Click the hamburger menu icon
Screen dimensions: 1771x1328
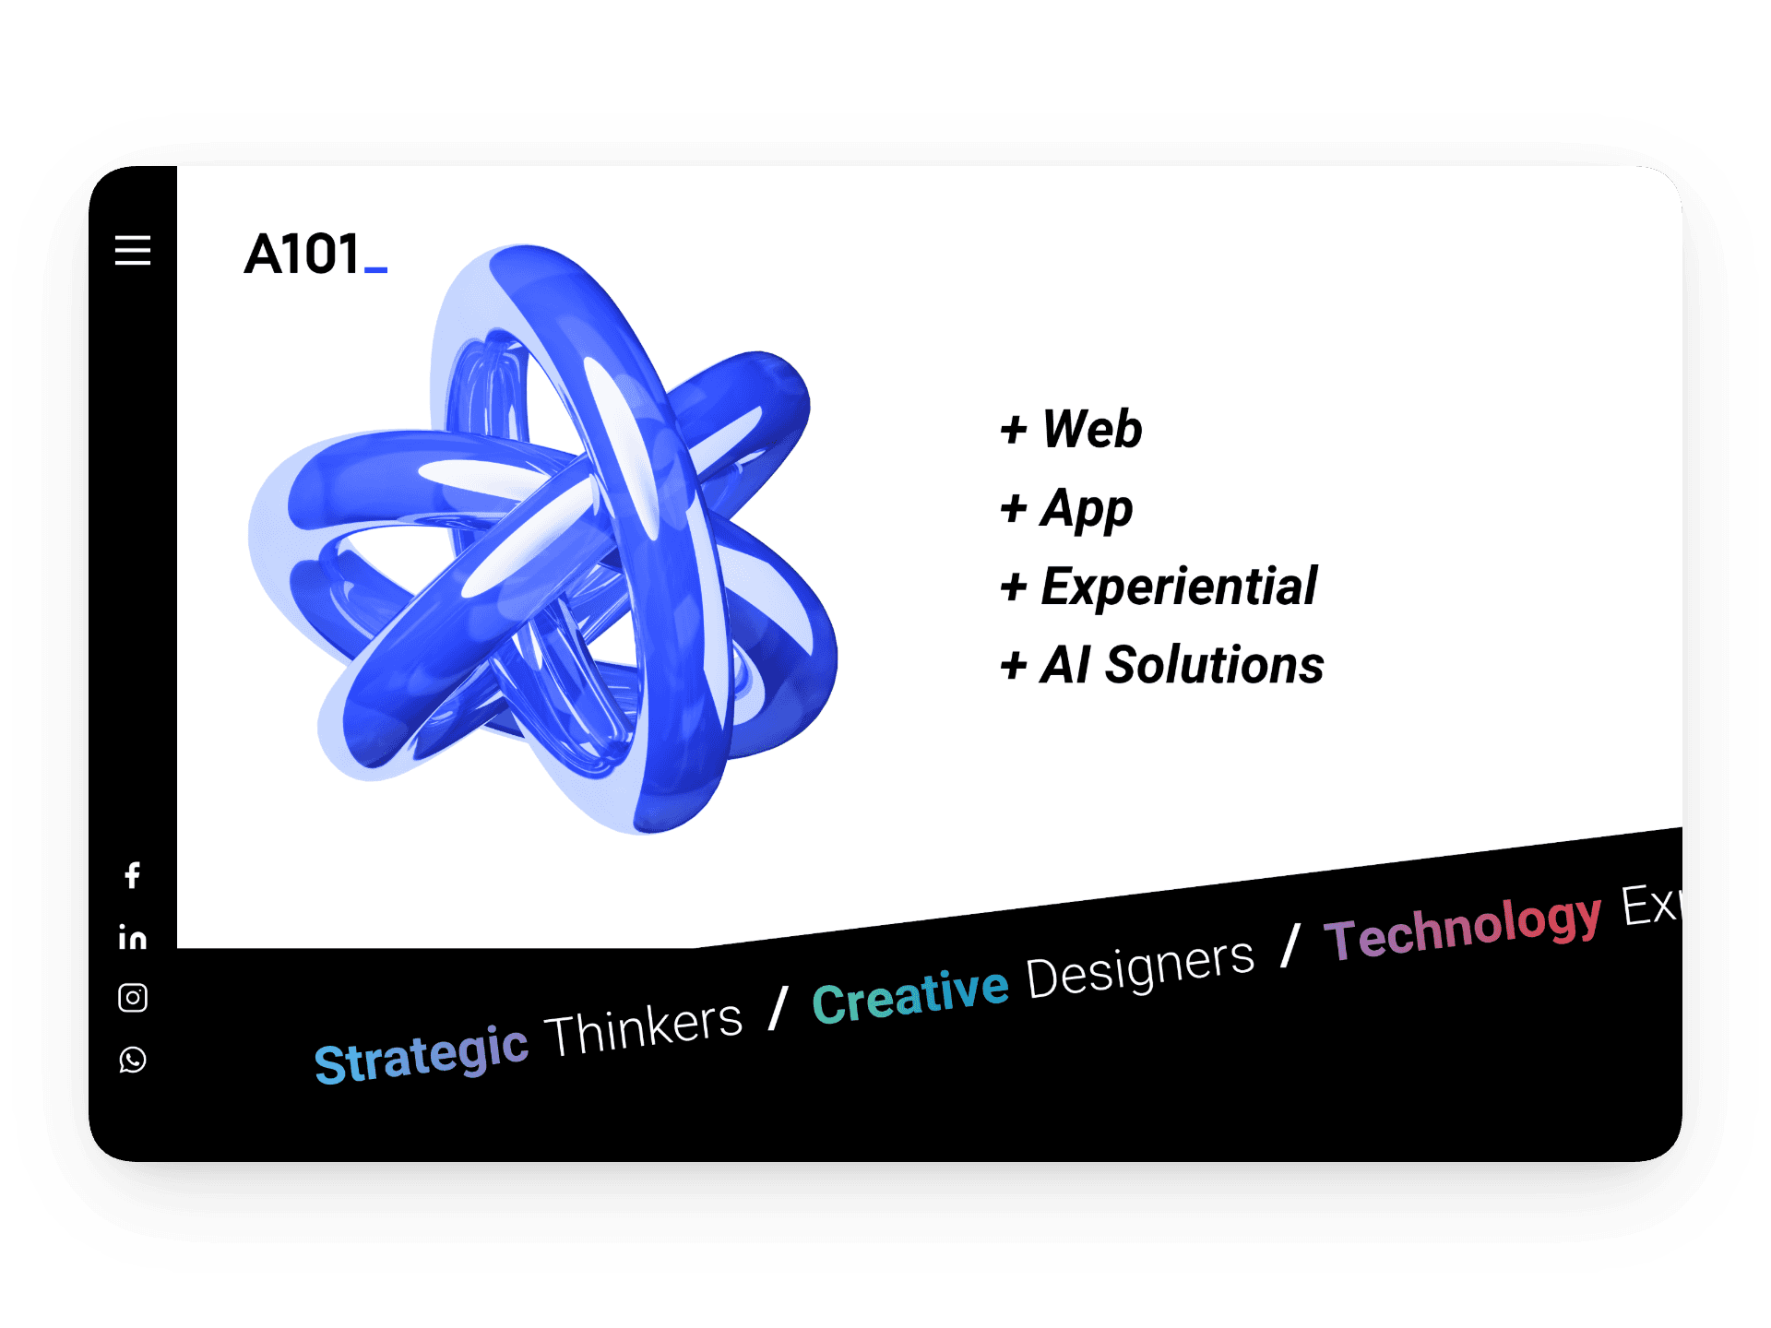[133, 250]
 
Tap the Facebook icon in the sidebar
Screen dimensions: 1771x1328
[133, 875]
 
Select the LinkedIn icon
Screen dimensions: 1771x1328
[133, 937]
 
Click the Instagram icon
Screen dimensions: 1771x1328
[133, 998]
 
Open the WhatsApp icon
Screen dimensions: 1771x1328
[133, 1060]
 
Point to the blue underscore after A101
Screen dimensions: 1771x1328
[375, 270]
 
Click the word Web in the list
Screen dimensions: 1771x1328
[1092, 429]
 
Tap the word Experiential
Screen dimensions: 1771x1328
[1179, 587]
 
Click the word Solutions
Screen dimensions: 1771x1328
[1215, 665]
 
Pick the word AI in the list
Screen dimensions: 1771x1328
[1065, 665]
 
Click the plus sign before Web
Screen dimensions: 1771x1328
[1014, 430]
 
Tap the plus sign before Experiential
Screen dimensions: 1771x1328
[1014, 587]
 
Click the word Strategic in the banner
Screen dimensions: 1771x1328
[422, 1054]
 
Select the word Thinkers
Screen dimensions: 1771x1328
[644, 1028]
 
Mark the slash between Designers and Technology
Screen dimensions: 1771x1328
[1290, 945]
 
